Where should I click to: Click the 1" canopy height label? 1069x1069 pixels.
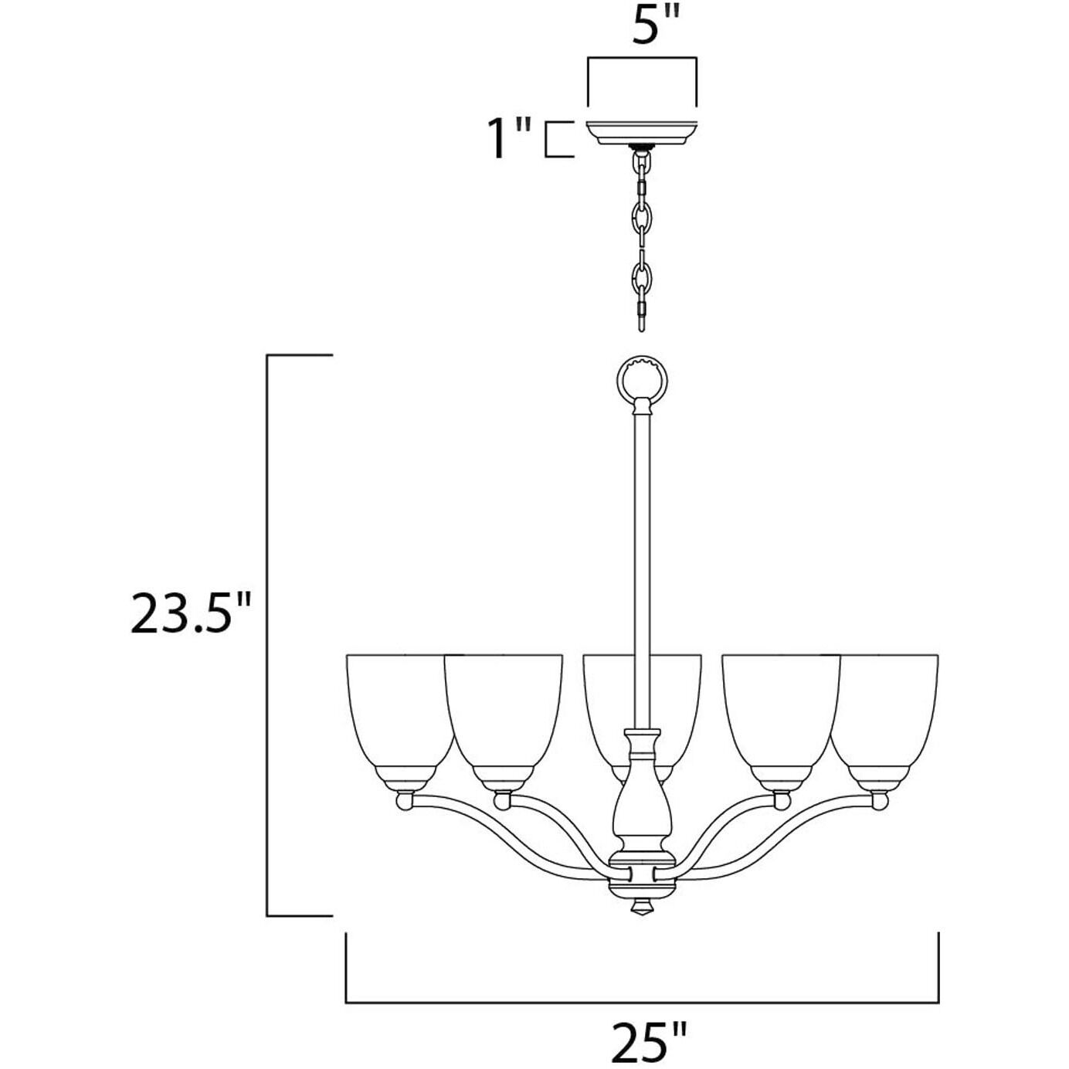511,139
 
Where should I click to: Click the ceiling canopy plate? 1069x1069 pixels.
641,132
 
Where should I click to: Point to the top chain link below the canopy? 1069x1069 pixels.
640,163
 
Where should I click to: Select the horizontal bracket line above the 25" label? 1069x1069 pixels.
642,1003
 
